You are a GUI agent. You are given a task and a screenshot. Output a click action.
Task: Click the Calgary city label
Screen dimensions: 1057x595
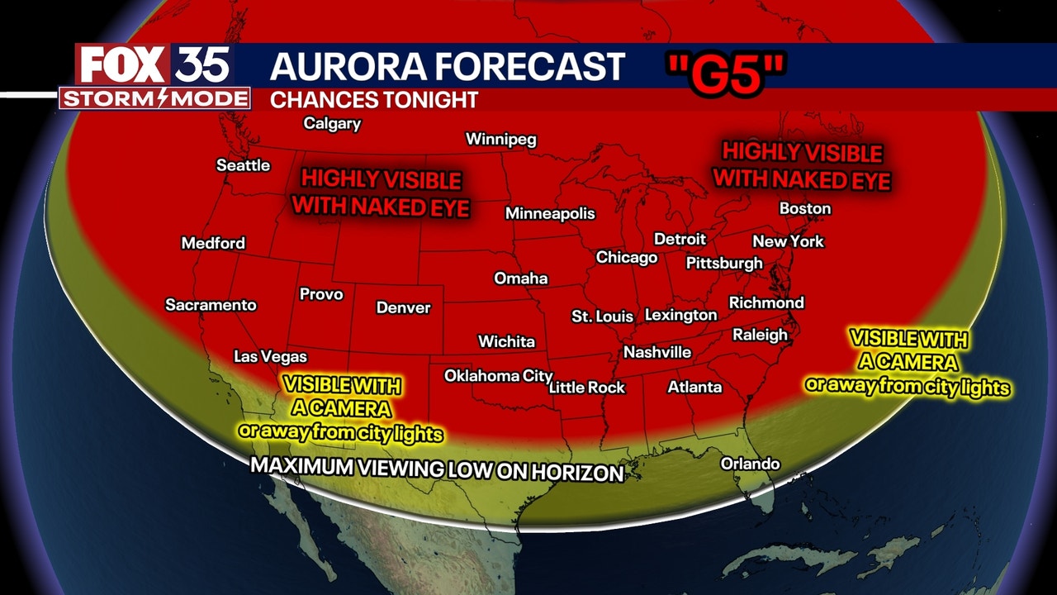click(x=332, y=124)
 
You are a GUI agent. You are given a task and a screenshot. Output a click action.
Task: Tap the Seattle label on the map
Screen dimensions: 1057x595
click(x=243, y=165)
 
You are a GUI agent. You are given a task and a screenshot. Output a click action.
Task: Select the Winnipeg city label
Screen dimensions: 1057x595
click(x=500, y=139)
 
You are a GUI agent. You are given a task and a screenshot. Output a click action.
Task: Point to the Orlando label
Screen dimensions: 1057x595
click(x=750, y=464)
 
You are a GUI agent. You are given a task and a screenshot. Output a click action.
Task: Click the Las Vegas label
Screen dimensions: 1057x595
click(x=270, y=357)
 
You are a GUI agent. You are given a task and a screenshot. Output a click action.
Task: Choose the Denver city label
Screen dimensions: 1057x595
click(x=403, y=307)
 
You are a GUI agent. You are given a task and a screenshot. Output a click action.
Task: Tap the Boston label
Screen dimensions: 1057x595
click(x=804, y=208)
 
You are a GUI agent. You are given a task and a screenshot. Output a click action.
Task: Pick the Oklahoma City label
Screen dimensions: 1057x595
click(x=498, y=376)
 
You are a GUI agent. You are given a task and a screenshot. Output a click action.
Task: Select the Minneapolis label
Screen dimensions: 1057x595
click(x=550, y=213)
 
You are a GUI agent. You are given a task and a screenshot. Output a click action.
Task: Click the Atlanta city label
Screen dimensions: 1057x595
click(x=694, y=387)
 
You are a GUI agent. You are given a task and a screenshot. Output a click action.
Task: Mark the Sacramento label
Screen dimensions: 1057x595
click(x=211, y=305)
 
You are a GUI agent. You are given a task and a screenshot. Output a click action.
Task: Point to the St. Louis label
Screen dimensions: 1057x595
click(x=602, y=317)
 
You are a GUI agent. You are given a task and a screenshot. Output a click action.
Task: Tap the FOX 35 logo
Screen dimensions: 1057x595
click(x=154, y=64)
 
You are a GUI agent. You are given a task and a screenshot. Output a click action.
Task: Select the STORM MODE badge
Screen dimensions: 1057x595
click(x=154, y=99)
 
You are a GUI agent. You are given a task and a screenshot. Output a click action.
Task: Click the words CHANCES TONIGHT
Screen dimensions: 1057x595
click(x=374, y=100)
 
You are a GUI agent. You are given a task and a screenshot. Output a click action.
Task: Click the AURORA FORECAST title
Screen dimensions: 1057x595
click(x=447, y=67)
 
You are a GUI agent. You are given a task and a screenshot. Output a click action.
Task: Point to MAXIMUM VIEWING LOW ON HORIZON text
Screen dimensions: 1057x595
click(x=437, y=469)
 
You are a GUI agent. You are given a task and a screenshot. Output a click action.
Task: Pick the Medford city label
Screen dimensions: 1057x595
click(x=213, y=243)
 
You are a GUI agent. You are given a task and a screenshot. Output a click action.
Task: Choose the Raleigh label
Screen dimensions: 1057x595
click(x=760, y=335)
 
